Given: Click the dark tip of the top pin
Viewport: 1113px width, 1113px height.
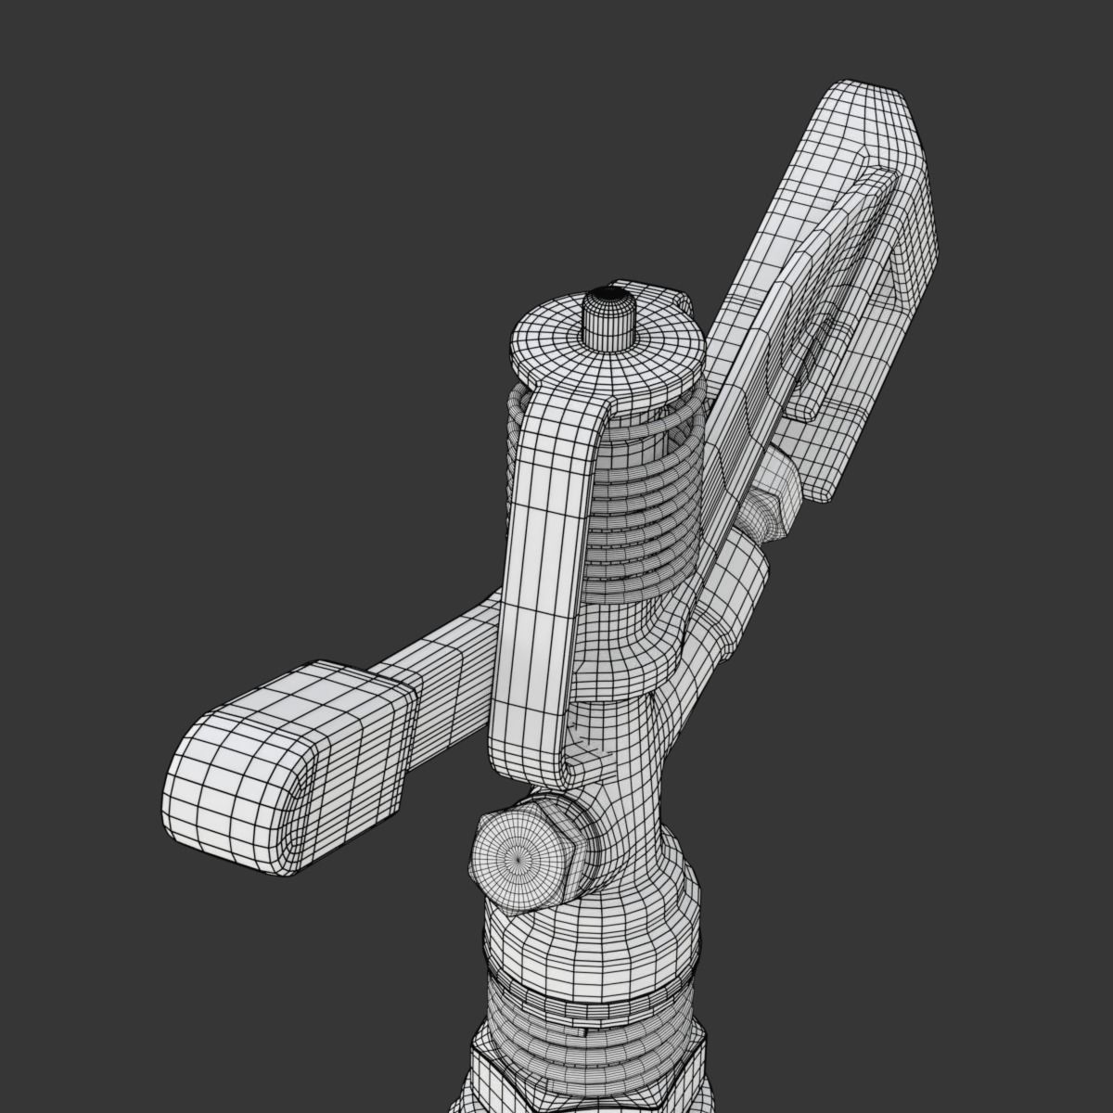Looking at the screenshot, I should pyautogui.click(x=608, y=294).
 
